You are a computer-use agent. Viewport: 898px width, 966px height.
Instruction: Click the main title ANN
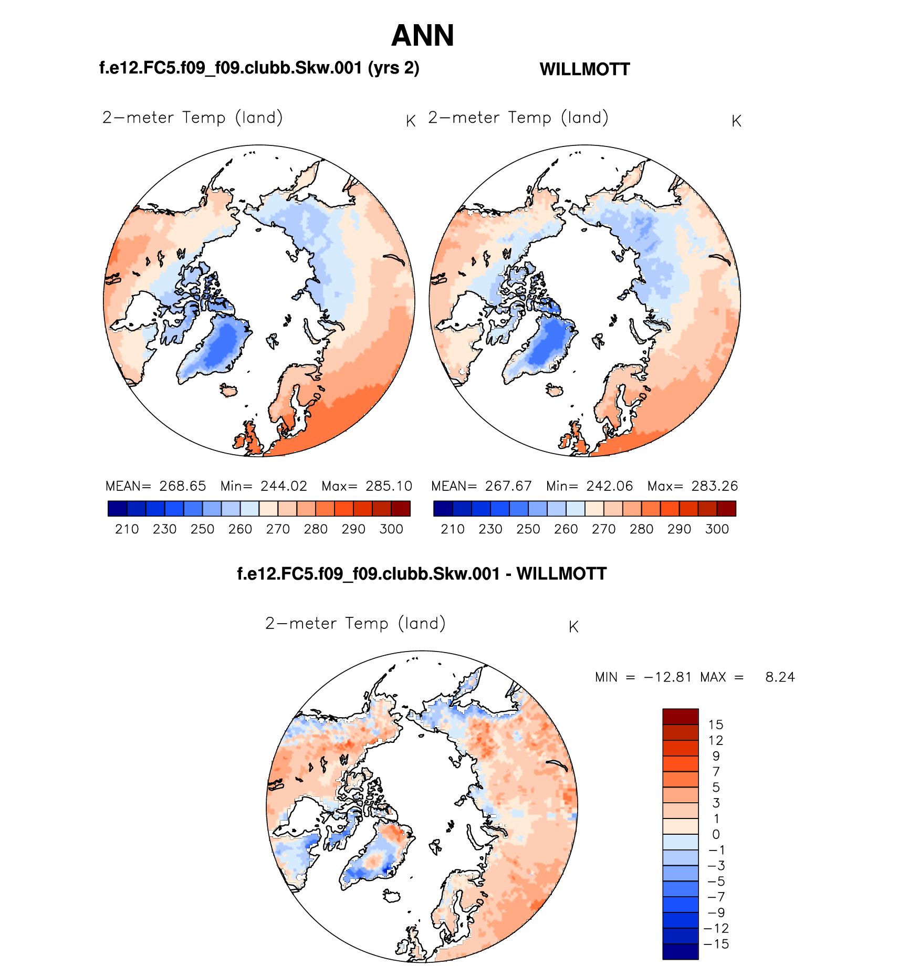[x=422, y=36]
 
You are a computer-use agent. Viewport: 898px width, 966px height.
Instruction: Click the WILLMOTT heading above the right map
[x=584, y=69]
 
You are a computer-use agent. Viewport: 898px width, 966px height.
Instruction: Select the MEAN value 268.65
[x=182, y=486]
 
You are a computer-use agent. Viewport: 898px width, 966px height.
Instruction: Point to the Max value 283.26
[x=714, y=486]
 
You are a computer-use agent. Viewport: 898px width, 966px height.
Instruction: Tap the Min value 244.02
[x=284, y=486]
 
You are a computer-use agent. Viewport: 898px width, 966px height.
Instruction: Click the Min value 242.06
[x=609, y=486]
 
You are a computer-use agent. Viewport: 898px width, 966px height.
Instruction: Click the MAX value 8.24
[x=780, y=677]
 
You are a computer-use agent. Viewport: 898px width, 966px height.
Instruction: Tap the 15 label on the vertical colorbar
[x=715, y=725]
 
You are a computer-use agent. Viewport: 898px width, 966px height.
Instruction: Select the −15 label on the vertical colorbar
[x=716, y=944]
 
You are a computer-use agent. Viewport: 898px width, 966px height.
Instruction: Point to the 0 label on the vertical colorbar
[x=716, y=834]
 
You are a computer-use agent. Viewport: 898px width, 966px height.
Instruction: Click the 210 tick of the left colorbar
[x=127, y=529]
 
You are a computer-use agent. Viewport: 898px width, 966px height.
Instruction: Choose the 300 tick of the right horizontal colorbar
[x=717, y=529]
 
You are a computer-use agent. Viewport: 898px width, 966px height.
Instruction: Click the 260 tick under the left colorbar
[x=240, y=529]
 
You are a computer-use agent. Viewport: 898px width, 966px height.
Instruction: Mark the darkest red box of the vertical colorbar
[x=680, y=717]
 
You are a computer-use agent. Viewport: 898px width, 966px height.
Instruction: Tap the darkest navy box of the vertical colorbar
[x=680, y=951]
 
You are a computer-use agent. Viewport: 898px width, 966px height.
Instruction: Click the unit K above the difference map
[x=573, y=627]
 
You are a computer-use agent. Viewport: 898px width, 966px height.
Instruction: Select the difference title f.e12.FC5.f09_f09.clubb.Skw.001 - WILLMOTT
[x=422, y=574]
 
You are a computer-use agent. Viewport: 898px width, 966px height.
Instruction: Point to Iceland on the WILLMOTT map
[x=555, y=391]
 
